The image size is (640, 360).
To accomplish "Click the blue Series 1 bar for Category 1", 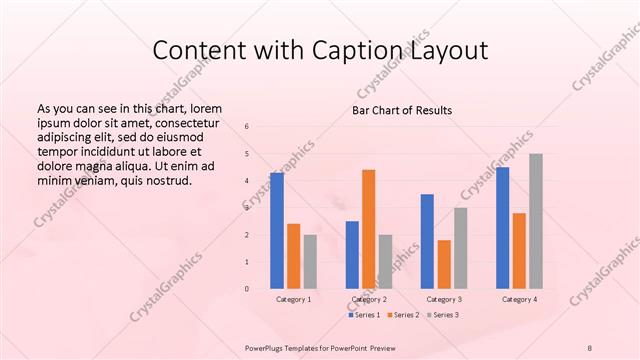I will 277,231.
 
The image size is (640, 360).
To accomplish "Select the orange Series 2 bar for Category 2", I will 369,229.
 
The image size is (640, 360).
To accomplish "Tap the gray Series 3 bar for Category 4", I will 536,221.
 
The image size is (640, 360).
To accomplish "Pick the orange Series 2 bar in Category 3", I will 444,264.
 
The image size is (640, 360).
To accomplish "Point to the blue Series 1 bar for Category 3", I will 427,241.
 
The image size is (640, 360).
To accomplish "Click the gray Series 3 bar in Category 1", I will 310,262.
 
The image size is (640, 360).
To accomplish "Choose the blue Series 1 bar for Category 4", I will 502,228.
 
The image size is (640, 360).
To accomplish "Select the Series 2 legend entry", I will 403,315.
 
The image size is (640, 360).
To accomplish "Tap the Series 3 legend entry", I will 441,315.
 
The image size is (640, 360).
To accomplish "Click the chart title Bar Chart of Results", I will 402,109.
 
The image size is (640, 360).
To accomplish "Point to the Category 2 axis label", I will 369,299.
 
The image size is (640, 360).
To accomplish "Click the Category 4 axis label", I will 519,299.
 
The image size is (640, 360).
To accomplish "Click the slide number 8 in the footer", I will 590,347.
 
